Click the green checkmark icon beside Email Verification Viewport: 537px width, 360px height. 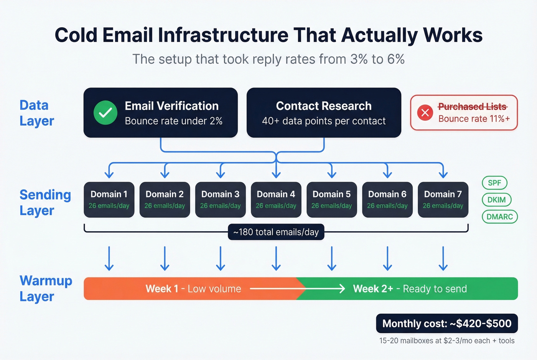tap(105, 113)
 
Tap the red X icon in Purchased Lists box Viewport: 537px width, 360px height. tap(425, 113)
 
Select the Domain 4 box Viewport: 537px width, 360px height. tap(276, 199)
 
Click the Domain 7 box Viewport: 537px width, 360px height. tap(443, 199)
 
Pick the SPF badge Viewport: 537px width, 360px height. tap(494, 183)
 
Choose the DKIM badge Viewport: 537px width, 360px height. tap(496, 200)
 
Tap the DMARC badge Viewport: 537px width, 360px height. tap(499, 217)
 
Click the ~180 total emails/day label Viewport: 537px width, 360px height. tap(276, 232)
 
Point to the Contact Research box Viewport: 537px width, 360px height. tap(324, 113)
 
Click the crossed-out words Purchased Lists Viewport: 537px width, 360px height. tap(472, 107)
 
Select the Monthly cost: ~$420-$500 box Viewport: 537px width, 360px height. tap(447, 324)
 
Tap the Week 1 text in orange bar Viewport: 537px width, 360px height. tap(161, 289)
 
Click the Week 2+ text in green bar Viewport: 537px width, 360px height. tap(373, 289)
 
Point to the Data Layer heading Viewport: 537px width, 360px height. tap(36, 113)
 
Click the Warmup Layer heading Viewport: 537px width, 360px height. tap(46, 288)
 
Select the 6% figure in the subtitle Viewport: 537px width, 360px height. tap(395, 59)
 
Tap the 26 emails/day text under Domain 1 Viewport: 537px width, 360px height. tap(109, 206)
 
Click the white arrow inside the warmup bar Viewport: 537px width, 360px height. tap(297, 289)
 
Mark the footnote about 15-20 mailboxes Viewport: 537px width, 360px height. tap(447, 341)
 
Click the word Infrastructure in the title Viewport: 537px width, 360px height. tap(223, 35)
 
